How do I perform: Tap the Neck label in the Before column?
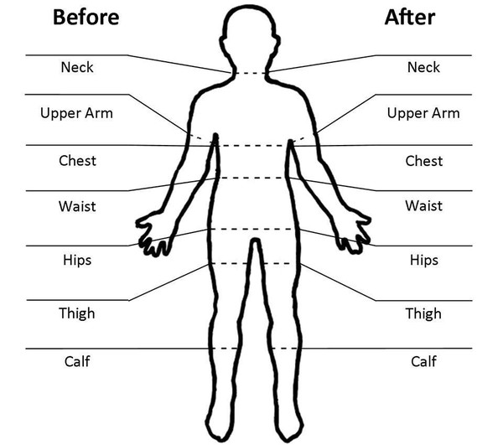point(77,66)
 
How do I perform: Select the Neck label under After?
point(423,66)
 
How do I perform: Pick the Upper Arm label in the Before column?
point(77,112)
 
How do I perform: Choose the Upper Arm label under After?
point(423,112)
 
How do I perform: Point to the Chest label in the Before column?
point(77,160)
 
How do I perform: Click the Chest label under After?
point(423,160)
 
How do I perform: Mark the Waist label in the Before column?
point(77,205)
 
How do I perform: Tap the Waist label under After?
point(423,205)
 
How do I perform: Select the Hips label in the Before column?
point(77,260)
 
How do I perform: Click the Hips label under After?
point(423,260)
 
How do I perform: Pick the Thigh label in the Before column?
point(77,313)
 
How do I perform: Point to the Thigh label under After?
point(423,313)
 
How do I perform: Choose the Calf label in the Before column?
point(77,361)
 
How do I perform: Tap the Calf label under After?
point(423,361)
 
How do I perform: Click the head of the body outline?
point(251,38)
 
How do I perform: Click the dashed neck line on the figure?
point(251,74)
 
